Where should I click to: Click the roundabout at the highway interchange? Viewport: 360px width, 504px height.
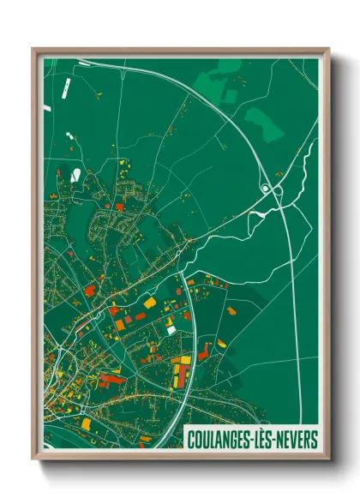[267, 188]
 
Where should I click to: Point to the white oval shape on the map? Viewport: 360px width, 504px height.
[75, 175]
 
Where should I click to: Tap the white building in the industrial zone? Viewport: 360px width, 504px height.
[171, 329]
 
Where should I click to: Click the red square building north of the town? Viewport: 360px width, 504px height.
[117, 207]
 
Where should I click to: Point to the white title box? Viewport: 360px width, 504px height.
[251, 437]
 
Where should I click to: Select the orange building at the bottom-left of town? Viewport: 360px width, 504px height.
[86, 423]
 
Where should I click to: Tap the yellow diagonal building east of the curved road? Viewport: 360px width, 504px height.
[221, 344]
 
